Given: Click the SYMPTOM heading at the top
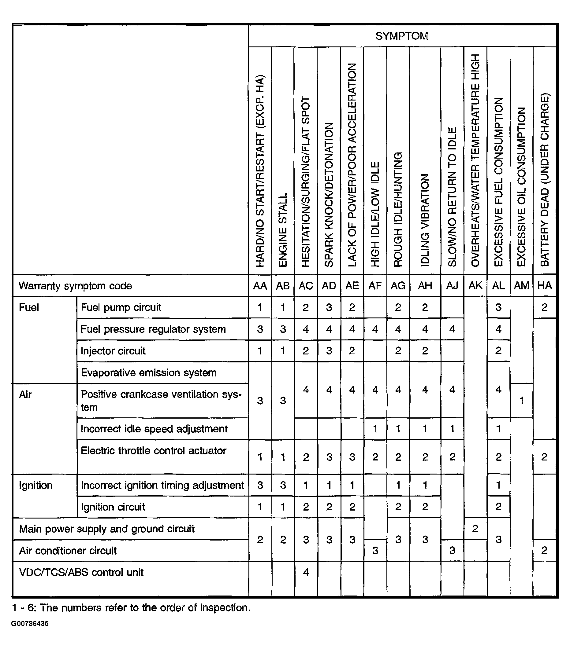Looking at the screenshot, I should click(x=401, y=36).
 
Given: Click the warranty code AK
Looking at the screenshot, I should click(x=475, y=285).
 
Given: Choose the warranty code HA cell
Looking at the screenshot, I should click(x=545, y=285).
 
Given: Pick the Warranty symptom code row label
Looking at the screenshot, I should click(x=75, y=286).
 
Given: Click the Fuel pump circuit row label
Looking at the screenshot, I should click(x=121, y=307).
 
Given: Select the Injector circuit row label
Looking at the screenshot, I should click(x=113, y=351).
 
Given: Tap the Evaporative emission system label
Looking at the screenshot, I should click(x=149, y=372).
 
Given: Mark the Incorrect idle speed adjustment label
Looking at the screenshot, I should click(x=154, y=429).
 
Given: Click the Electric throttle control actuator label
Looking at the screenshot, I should click(x=154, y=451).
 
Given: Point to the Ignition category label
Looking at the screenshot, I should click(x=35, y=485).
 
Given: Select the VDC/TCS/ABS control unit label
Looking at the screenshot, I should click(x=81, y=572).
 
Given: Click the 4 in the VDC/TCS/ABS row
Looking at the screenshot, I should click(x=306, y=572).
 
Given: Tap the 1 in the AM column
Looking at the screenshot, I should click(x=521, y=401).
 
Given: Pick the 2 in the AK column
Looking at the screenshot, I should click(x=475, y=529).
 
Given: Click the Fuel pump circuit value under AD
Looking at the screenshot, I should click(x=329, y=307).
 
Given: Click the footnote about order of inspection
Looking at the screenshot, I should click(x=131, y=608).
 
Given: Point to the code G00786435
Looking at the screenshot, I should click(x=30, y=624).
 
